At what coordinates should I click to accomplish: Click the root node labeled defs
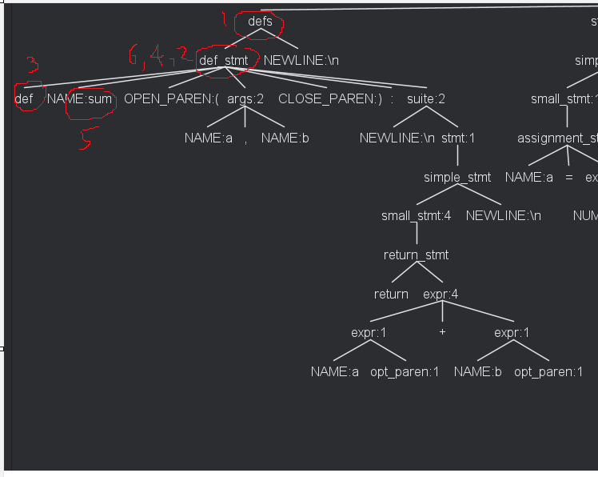pyautogui.click(x=260, y=22)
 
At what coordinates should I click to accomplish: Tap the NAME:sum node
pyautogui.click(x=80, y=99)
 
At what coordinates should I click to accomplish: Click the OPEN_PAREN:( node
pyautogui.click(x=171, y=99)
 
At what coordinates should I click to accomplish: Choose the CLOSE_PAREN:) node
pyautogui.click(x=330, y=99)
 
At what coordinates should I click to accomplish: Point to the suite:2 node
pyautogui.click(x=426, y=99)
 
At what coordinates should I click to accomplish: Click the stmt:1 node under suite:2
pyautogui.click(x=458, y=138)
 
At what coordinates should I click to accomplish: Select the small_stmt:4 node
pyautogui.click(x=416, y=216)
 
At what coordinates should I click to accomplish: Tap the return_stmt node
pyautogui.click(x=416, y=255)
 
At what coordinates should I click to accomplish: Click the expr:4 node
pyautogui.click(x=441, y=294)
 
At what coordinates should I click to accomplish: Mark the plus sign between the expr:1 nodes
pyautogui.click(x=442, y=332)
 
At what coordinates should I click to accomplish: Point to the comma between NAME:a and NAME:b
pyautogui.click(x=246, y=138)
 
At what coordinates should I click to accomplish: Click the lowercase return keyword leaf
pyautogui.click(x=391, y=294)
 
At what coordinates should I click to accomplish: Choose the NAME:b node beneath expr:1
pyautogui.click(x=478, y=371)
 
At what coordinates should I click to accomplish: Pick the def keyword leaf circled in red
pyautogui.click(x=24, y=99)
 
